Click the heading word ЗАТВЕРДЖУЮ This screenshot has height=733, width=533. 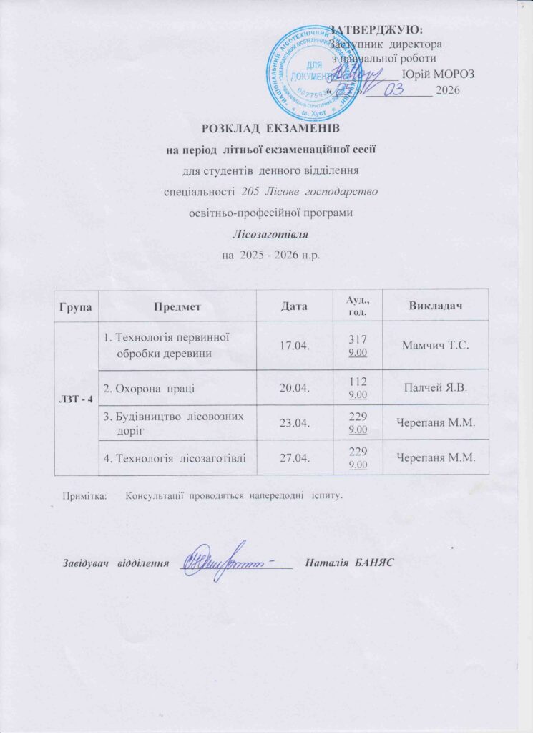(376, 29)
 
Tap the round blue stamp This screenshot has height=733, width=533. (313, 72)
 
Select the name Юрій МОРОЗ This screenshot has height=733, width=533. (438, 73)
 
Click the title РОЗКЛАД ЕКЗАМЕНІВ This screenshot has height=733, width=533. (266, 129)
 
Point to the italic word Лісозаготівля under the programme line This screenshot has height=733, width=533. (266, 233)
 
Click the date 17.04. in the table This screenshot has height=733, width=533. (293, 346)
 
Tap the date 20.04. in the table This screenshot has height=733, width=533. (293, 388)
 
